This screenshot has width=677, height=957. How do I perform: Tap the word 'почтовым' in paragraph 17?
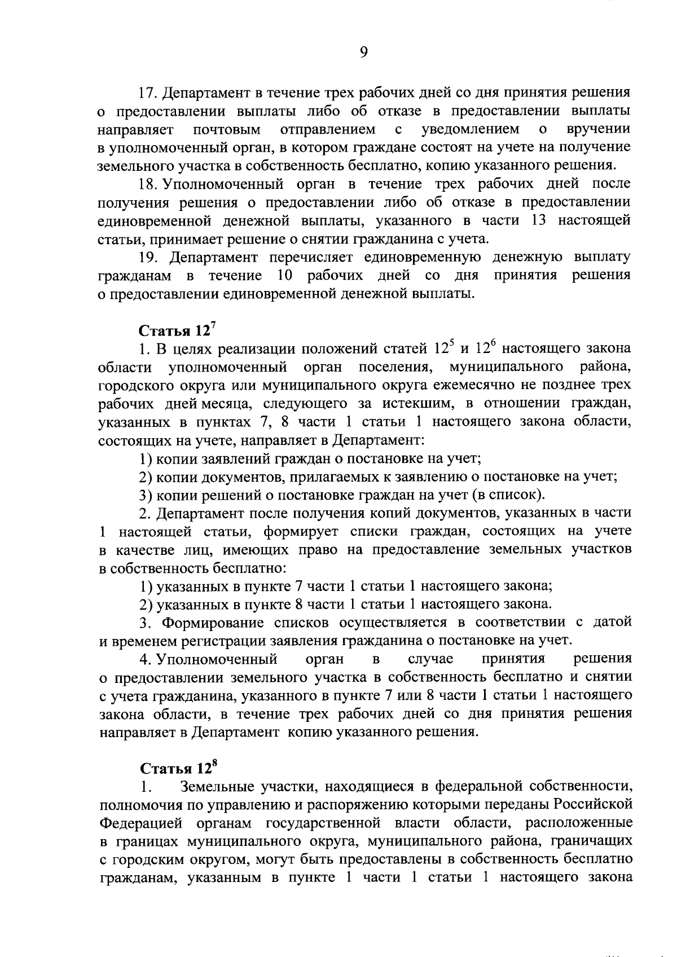(x=227, y=130)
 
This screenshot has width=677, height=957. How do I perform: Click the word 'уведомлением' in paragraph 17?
(x=471, y=130)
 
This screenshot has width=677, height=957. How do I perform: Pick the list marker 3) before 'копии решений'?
(x=146, y=495)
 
